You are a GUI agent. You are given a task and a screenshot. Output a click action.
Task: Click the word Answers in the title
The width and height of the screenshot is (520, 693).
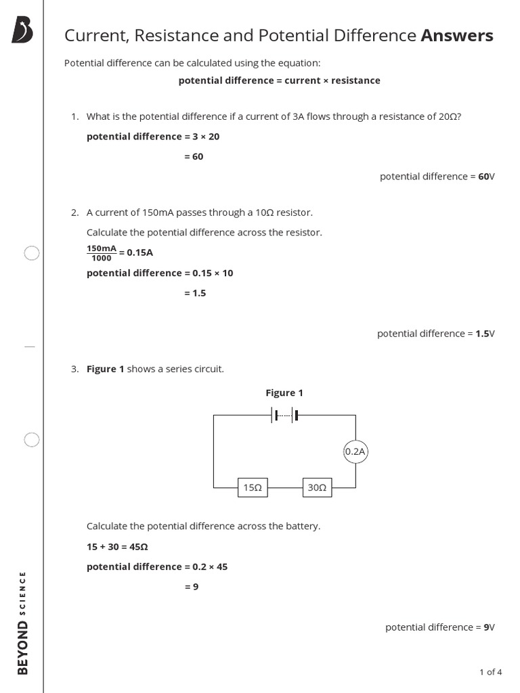tap(457, 35)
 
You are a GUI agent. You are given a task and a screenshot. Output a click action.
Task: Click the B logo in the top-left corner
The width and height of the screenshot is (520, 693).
tap(22, 31)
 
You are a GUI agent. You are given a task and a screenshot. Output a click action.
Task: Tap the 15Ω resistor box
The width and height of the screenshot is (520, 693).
tap(253, 487)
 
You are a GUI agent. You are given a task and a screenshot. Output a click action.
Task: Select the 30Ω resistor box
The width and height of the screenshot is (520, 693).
tap(316, 487)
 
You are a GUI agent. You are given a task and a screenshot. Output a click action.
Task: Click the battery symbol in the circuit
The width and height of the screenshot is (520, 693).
tap(285, 415)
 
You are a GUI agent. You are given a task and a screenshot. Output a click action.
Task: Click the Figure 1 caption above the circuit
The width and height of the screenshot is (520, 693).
tap(284, 393)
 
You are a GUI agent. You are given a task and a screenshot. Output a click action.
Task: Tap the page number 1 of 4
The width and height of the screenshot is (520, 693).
tap(490, 672)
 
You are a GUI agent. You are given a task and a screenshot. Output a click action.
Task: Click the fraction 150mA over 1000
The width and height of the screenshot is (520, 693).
tap(102, 253)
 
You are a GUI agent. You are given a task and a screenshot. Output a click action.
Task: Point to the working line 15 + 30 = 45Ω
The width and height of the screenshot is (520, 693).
tap(117, 546)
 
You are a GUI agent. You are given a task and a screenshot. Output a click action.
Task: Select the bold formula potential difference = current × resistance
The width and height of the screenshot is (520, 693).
tap(279, 81)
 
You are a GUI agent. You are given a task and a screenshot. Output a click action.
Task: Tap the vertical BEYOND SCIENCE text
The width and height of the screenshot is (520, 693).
tap(23, 623)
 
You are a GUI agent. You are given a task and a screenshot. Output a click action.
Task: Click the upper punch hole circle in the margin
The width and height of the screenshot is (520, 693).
tap(32, 253)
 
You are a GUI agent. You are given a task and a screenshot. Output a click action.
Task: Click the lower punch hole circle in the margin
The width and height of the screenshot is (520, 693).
tap(32, 440)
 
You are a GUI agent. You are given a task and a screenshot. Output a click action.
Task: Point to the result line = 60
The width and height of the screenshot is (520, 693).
tap(194, 156)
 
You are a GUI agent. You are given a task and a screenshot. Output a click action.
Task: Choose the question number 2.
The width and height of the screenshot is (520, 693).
tap(74, 213)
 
